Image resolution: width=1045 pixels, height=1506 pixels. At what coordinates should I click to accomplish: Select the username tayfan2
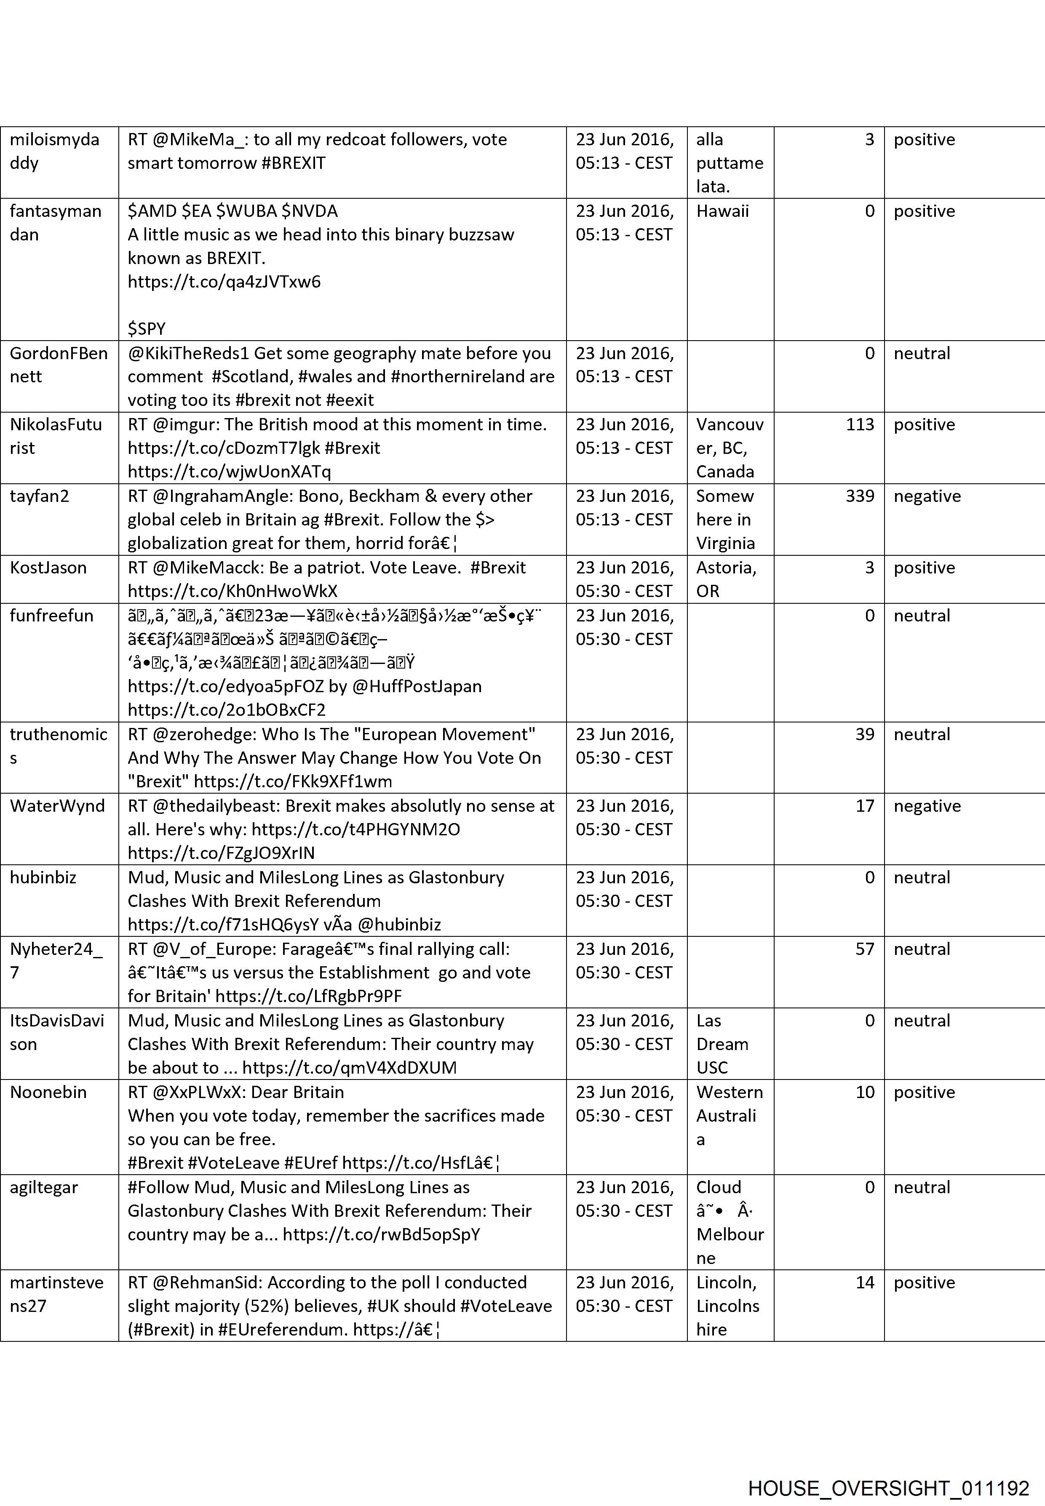(39, 496)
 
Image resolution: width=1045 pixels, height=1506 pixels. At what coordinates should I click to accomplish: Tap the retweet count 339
(860, 496)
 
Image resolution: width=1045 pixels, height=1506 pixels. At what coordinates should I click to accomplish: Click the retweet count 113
(860, 425)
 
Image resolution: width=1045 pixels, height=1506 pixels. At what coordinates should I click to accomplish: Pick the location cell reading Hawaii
(722, 211)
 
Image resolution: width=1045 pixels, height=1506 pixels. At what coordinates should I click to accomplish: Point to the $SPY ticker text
(147, 328)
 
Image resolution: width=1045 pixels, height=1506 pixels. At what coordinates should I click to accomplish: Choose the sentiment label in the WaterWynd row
(927, 806)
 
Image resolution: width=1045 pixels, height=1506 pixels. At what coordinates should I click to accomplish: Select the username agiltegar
(44, 1187)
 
